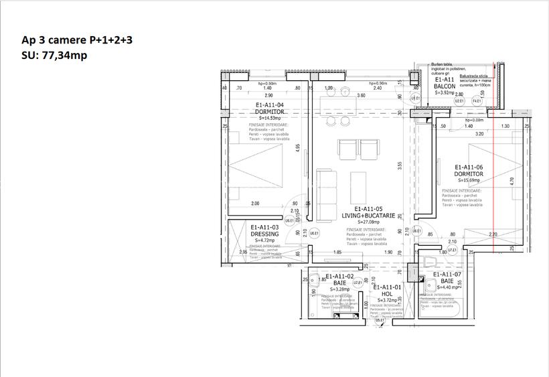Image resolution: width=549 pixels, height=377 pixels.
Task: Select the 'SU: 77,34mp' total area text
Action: [x=54, y=56]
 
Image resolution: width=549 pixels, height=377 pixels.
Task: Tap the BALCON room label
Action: [x=445, y=86]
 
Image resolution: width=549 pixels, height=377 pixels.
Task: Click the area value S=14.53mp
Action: [x=270, y=118]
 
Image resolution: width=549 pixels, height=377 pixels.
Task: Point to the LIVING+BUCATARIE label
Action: [x=368, y=216]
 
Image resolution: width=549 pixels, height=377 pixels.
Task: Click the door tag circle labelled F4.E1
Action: [x=478, y=101]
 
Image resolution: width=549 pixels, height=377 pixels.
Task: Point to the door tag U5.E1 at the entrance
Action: [x=380, y=320]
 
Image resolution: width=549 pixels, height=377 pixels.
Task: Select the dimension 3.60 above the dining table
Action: [x=361, y=96]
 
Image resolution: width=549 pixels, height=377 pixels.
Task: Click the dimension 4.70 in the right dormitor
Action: [x=511, y=179]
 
